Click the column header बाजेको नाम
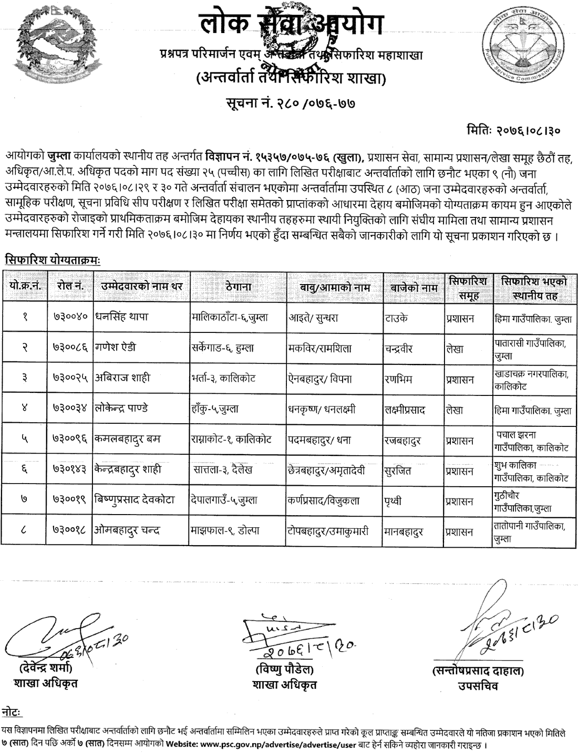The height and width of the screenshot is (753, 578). coord(414,288)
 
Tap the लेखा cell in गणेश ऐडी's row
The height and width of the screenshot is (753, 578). coord(454,348)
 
